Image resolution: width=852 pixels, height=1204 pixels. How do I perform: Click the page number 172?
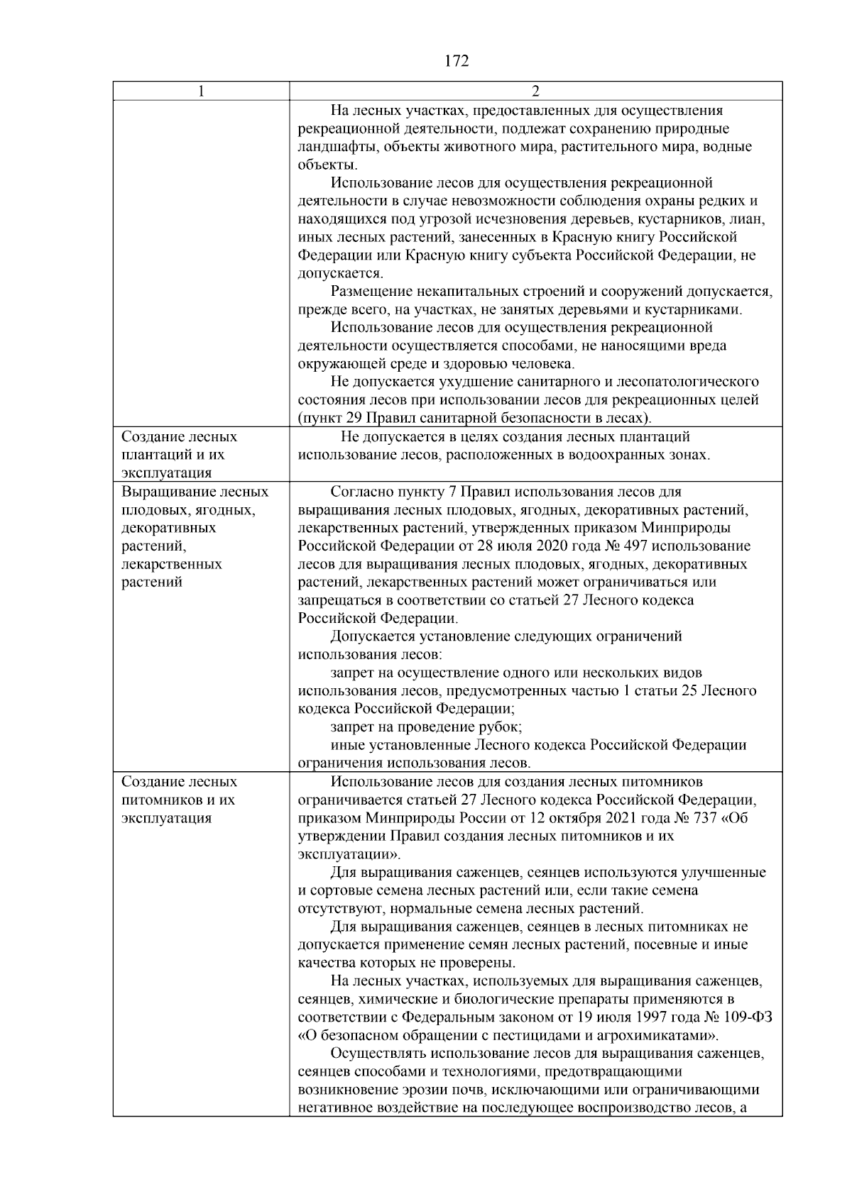click(457, 61)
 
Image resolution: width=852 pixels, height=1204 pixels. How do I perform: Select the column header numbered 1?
click(201, 92)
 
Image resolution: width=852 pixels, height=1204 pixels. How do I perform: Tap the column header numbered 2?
click(535, 92)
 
